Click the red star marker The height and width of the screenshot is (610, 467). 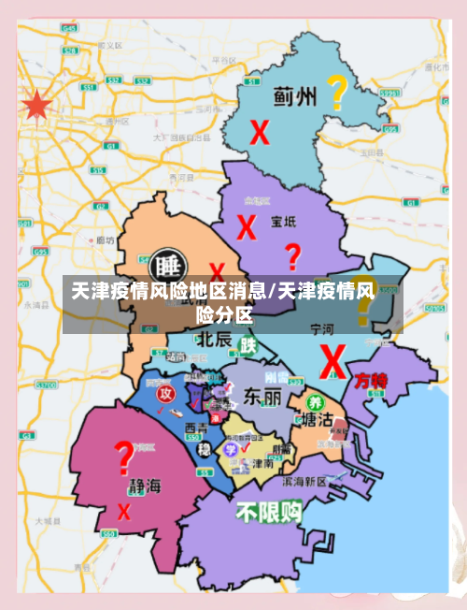pos(36,106)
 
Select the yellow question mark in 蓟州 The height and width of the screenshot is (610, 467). pos(336,92)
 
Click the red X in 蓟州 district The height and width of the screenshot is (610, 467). pos(260,132)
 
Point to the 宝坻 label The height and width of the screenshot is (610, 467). pos(283,222)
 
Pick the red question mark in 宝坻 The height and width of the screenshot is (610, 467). pos(292,255)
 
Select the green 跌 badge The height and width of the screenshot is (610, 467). pos(248,345)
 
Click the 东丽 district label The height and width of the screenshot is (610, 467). pos(262,397)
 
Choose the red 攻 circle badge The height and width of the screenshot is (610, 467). pos(165,392)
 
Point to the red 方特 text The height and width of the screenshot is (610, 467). pos(371,381)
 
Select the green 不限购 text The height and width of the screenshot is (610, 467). pos(269,511)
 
